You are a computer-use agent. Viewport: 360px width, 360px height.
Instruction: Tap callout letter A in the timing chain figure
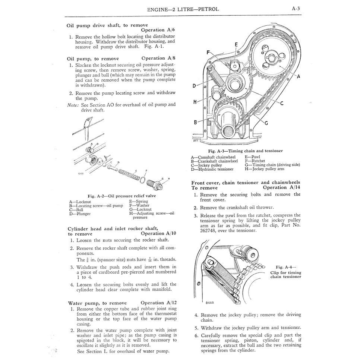[x=298, y=76]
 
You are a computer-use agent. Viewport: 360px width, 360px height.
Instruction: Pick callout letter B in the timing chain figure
[x=195, y=121]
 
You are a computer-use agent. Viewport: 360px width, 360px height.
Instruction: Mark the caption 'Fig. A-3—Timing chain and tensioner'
[x=245, y=151]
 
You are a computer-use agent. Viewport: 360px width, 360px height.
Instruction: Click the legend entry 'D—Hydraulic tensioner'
[x=212, y=169]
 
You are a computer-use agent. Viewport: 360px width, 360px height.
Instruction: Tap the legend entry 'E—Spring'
[x=138, y=201]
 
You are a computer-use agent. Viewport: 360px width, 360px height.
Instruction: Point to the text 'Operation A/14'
[x=281, y=187]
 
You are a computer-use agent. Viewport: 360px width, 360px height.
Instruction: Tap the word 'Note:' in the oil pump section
[x=73, y=105]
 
